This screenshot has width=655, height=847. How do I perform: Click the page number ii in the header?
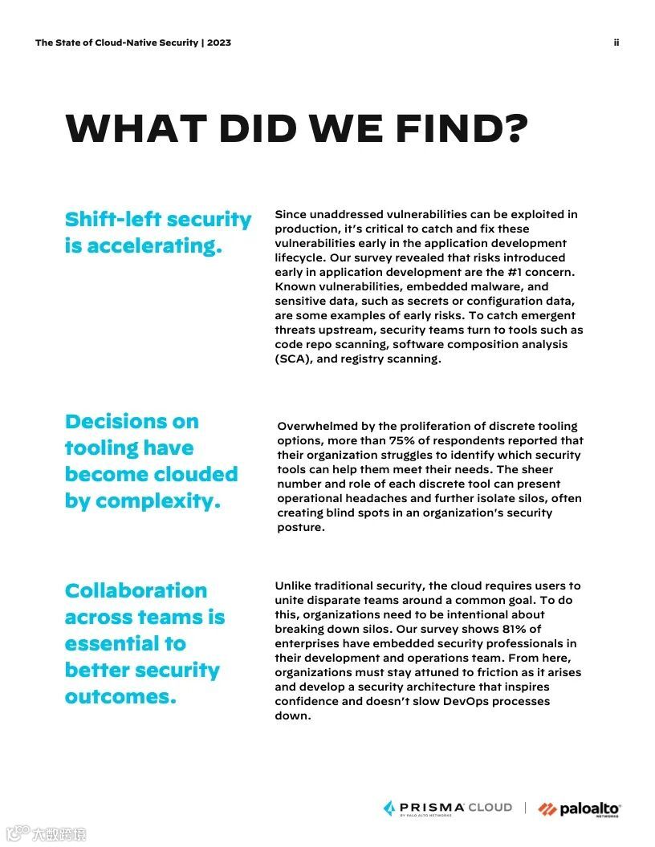click(x=616, y=43)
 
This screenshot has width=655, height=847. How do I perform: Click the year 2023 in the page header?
click(x=219, y=43)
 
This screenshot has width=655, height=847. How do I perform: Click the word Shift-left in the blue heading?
click(x=112, y=220)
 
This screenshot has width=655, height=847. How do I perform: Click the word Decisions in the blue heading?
click(x=132, y=422)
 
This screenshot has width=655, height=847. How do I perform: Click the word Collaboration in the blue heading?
click(x=136, y=591)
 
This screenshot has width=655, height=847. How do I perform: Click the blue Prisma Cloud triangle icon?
click(x=389, y=808)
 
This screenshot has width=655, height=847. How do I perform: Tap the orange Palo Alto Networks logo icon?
click(x=547, y=808)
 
